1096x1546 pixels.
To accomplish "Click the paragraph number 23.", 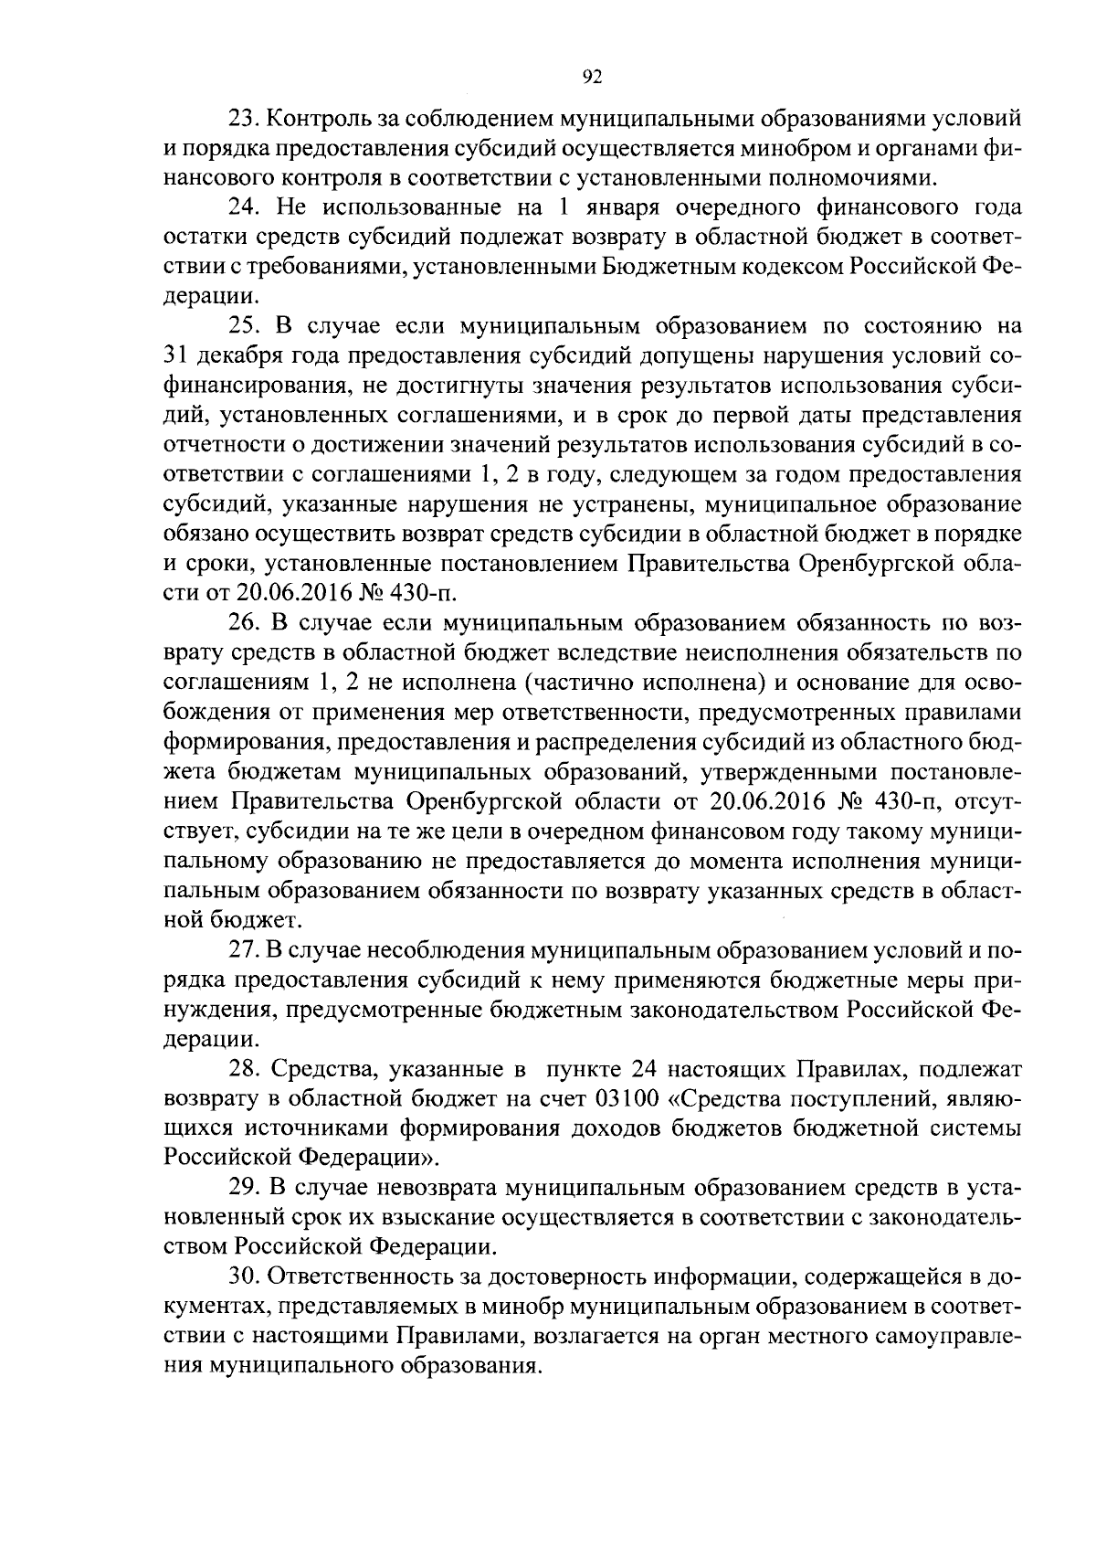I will point(242,120).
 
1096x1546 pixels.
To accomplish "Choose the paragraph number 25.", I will point(242,326).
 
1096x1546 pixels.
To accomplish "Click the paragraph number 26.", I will point(242,623).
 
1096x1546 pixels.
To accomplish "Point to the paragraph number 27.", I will point(242,950).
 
